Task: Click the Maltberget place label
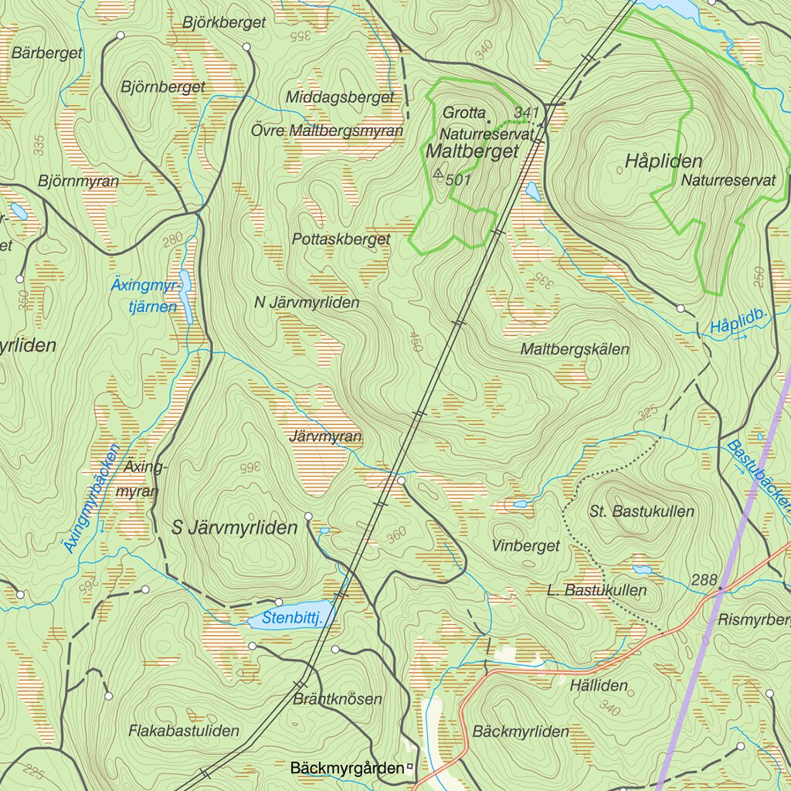(x=472, y=152)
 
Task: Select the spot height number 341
(x=525, y=113)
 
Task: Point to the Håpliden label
(x=653, y=161)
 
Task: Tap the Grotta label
(x=464, y=113)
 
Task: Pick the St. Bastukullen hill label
(x=641, y=511)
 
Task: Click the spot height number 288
(x=704, y=579)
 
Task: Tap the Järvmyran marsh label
(x=324, y=436)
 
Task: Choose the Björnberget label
(x=163, y=87)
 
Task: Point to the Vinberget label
(x=525, y=546)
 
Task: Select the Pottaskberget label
(x=341, y=239)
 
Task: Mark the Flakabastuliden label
(x=184, y=730)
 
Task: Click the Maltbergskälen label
(x=575, y=349)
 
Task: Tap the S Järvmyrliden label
(x=234, y=528)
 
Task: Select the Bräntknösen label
(x=338, y=699)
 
